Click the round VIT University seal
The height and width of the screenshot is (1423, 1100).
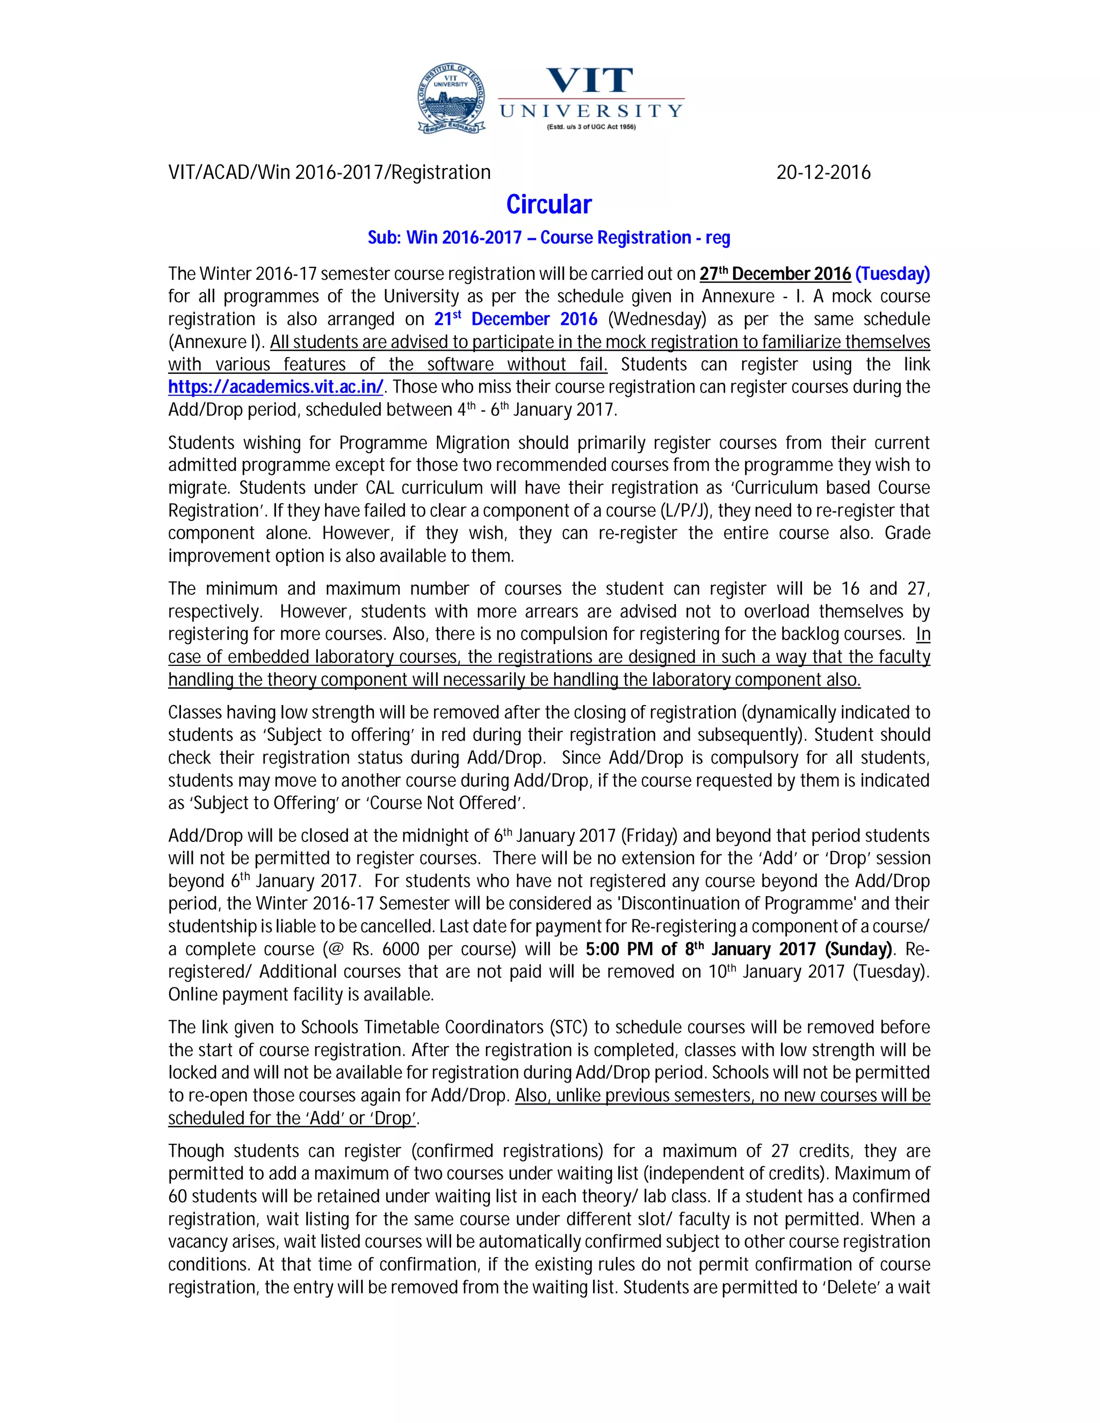451,99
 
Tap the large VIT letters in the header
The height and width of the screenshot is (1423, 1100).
589,81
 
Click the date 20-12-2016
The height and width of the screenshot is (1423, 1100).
823,173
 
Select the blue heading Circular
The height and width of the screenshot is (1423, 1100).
549,205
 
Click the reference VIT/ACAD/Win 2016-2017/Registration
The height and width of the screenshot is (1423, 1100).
329,173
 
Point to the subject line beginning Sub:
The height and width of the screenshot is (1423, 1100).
549,238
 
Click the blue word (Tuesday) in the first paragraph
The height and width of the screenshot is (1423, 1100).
892,274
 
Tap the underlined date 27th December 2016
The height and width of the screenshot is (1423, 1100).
775,274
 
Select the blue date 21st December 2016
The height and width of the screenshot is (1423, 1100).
516,320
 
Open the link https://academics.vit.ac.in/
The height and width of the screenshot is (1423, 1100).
276,387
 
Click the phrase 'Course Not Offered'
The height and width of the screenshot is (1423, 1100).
447,803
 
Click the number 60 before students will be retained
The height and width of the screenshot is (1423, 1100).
177,1196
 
